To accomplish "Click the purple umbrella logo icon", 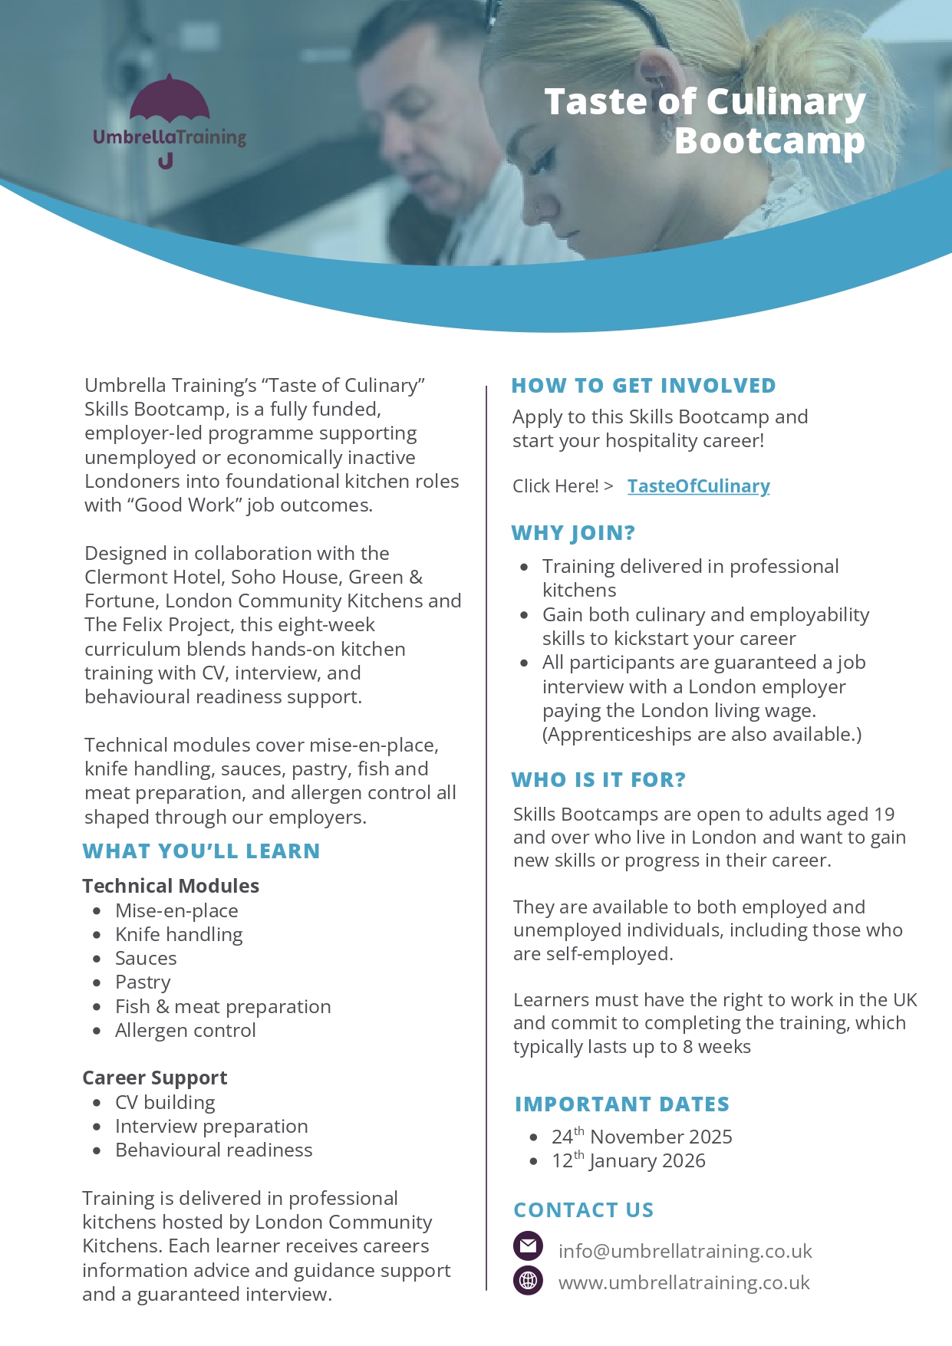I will (x=169, y=100).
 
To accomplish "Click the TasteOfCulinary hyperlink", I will (x=698, y=486).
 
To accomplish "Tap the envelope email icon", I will (x=528, y=1246).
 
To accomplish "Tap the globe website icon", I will (x=528, y=1280).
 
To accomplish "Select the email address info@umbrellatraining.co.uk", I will (x=684, y=1251).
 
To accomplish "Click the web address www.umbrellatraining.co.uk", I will (x=684, y=1282).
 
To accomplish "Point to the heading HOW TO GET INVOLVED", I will (x=644, y=385).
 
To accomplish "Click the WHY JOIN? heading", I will (x=573, y=532).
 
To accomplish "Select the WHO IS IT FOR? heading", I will (x=598, y=779).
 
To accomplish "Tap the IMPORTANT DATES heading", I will (x=622, y=1104).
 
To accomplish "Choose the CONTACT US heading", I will (x=583, y=1209).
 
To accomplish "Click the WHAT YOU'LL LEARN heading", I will (x=201, y=851).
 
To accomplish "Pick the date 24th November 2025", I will (x=641, y=1137).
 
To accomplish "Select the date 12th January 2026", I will (x=628, y=1160).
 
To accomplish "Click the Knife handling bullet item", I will (x=179, y=934).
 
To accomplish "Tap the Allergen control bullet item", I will (x=185, y=1030).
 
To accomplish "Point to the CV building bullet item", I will (x=165, y=1102).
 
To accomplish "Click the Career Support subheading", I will (x=155, y=1078).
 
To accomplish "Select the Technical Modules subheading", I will (x=170, y=886).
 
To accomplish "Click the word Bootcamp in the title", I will (x=769, y=140).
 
